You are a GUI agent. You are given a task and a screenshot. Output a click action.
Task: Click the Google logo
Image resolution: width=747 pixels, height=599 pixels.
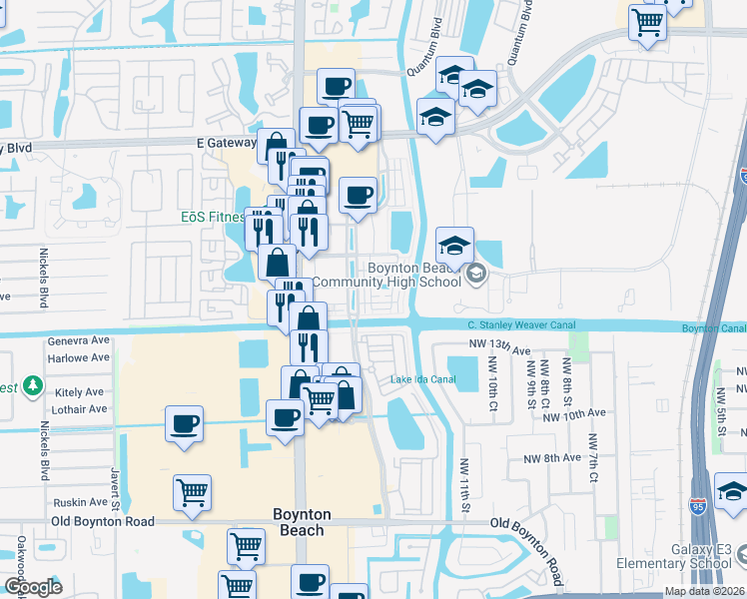pos(34,587)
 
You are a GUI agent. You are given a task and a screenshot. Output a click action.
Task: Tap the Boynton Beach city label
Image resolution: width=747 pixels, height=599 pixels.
pos(301,522)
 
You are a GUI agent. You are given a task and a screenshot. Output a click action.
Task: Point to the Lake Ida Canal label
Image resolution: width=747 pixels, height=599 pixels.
pos(422,379)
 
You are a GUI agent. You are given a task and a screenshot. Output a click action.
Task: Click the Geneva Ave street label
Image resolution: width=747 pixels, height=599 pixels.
pos(78,340)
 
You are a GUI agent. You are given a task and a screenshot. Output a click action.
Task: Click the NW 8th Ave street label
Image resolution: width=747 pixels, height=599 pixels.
pos(551,458)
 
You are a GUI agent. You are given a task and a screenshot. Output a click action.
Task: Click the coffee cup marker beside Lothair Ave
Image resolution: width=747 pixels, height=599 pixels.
pos(185,422)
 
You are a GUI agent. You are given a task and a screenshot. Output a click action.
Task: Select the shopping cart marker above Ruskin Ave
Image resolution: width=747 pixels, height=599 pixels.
pos(192,490)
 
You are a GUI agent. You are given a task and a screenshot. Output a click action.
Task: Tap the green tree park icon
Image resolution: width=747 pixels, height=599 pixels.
pos(33,384)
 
